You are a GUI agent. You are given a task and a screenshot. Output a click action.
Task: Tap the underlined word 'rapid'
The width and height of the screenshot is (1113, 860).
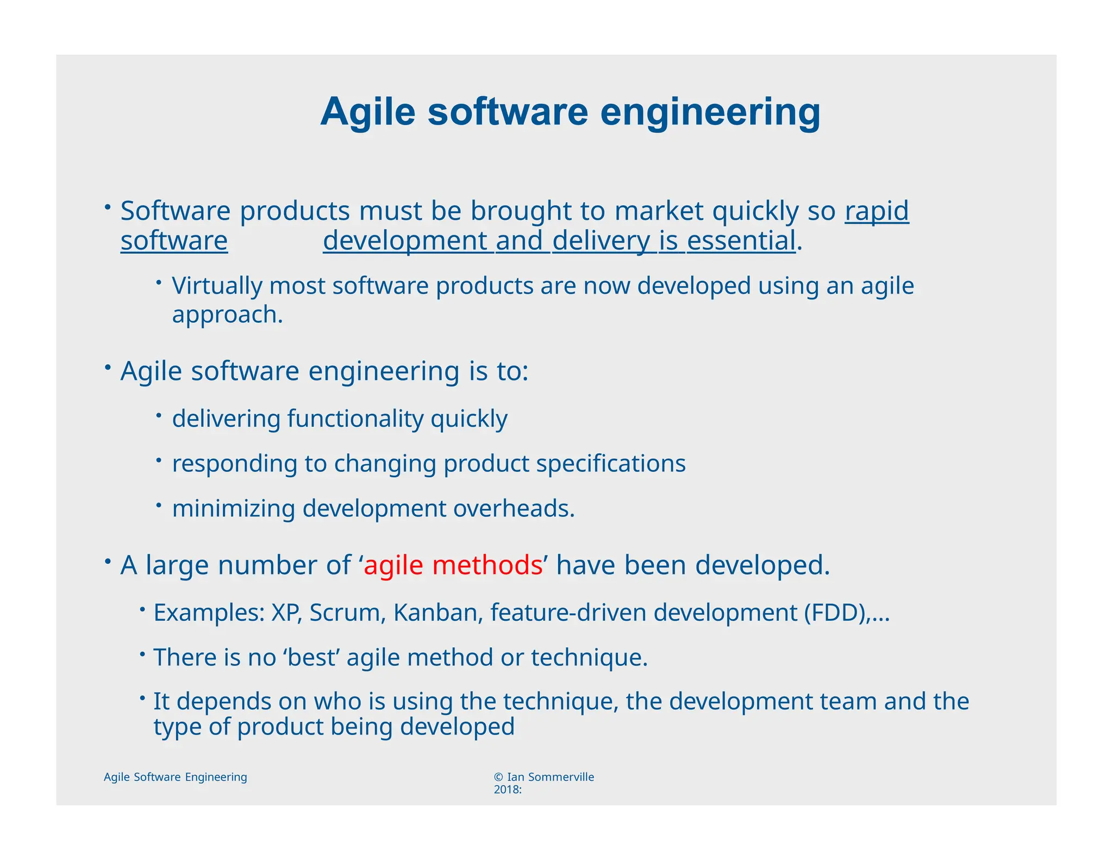(876, 211)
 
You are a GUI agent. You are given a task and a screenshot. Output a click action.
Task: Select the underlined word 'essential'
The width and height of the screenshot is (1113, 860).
(741, 241)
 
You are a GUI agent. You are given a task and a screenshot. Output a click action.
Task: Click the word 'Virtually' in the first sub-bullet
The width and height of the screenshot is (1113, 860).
(217, 286)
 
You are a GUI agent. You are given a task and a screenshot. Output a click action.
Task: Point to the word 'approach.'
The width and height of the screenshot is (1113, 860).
(227, 315)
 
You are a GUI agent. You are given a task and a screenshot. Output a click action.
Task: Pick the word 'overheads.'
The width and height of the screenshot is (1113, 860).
(514, 509)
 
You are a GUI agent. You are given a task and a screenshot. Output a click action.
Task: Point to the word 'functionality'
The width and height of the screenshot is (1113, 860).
(355, 419)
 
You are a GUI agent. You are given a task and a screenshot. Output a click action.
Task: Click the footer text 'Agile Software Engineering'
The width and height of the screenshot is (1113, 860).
(175, 777)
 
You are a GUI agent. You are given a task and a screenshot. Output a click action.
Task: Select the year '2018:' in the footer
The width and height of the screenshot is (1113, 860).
(508, 790)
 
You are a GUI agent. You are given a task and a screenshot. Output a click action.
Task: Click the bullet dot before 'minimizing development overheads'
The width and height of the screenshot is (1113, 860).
(159, 505)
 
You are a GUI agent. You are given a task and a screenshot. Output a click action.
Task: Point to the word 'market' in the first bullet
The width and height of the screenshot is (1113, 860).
(659, 211)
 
